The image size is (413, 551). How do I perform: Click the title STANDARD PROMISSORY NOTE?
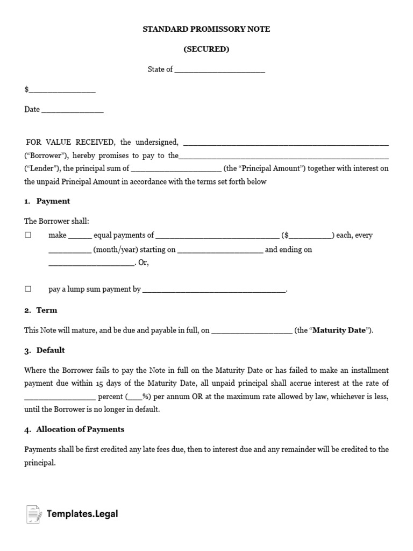point(206,29)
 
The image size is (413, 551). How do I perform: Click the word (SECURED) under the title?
point(206,49)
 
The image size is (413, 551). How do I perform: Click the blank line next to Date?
point(72,110)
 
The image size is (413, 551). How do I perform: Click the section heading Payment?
point(53,201)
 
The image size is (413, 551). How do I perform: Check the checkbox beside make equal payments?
point(28,235)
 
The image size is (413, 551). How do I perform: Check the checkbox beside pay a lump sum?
point(28,289)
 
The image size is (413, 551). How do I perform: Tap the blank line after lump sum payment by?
point(214,290)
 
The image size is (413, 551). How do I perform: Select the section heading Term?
point(47,310)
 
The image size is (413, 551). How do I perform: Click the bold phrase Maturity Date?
point(339,330)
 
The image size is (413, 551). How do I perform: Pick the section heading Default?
point(51,350)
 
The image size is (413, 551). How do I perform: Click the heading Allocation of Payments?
point(80,429)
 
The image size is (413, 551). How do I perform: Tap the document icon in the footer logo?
point(33,514)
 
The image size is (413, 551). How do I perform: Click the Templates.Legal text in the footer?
point(82,514)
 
